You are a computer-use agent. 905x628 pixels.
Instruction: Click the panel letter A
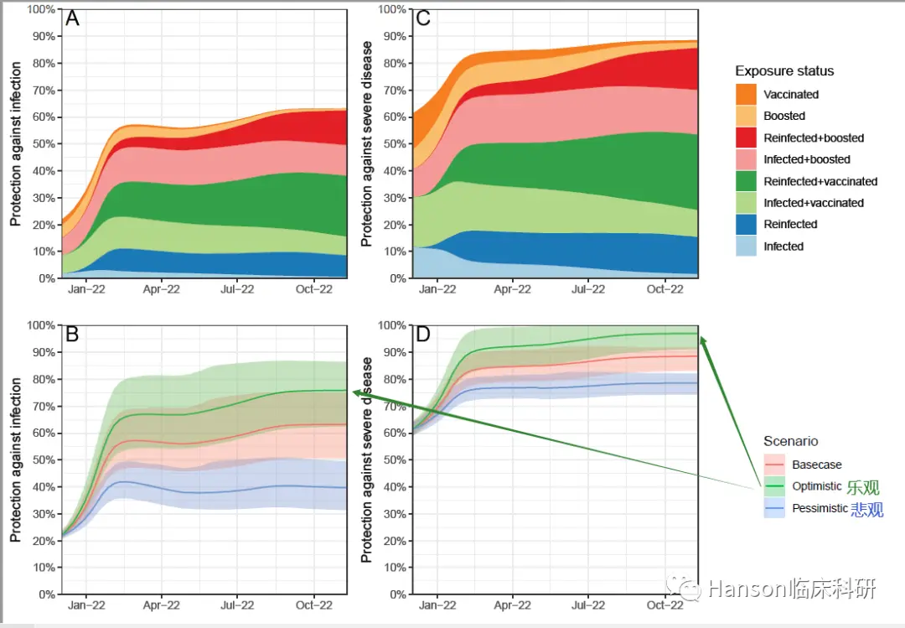[x=73, y=19]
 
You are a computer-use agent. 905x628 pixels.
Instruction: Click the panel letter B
[x=73, y=335]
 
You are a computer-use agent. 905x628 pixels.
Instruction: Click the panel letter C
[x=423, y=19]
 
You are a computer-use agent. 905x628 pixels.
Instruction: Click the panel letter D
[x=423, y=335]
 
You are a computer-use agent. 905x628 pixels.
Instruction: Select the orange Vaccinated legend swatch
[x=746, y=94]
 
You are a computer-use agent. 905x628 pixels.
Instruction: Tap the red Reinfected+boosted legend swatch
[x=746, y=138]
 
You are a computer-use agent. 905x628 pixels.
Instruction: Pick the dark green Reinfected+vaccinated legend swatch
[x=746, y=181]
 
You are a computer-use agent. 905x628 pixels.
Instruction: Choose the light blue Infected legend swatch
[x=746, y=247]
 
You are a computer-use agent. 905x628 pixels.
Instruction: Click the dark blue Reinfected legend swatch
[x=746, y=225]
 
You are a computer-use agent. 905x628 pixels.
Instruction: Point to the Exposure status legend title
[x=784, y=71]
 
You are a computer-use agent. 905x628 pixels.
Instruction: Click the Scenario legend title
[x=790, y=441]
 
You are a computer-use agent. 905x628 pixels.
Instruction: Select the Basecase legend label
[x=817, y=465]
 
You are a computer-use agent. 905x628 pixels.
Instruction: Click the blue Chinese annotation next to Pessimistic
[x=866, y=509]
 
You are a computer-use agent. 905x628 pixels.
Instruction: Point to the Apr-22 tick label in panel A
[x=162, y=289]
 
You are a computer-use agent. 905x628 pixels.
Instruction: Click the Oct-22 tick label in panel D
[x=665, y=605]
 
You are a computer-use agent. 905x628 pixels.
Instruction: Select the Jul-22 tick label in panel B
[x=237, y=605]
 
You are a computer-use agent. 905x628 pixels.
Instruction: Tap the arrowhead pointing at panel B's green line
[x=355, y=392]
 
